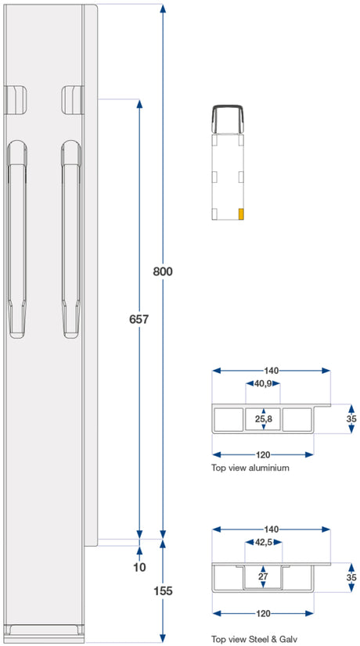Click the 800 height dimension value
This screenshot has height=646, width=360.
pyautogui.click(x=163, y=272)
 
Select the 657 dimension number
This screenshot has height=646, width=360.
pyautogui.click(x=139, y=319)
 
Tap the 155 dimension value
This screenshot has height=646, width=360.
pyautogui.click(x=163, y=591)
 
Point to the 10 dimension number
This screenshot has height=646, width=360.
pyautogui.click(x=140, y=567)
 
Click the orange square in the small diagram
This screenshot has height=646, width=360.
pyautogui.click(x=241, y=214)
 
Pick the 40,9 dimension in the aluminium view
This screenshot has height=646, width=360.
pyautogui.click(x=263, y=384)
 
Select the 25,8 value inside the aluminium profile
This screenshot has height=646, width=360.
pyautogui.click(x=263, y=419)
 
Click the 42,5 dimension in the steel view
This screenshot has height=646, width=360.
pyautogui.click(x=264, y=542)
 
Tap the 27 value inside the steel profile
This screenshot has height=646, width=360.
pyautogui.click(x=263, y=577)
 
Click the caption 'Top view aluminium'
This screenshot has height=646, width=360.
pyautogui.click(x=250, y=468)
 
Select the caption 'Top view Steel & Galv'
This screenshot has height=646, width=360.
pyautogui.click(x=254, y=640)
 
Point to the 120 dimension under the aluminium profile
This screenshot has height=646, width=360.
pyautogui.click(x=263, y=455)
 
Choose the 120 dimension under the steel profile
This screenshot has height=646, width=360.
pyautogui.click(x=263, y=613)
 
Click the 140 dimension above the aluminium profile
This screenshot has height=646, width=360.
pyautogui.click(x=271, y=371)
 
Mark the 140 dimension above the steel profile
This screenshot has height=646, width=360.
pyautogui.click(x=271, y=529)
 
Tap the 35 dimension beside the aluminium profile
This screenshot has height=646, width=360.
pyautogui.click(x=351, y=419)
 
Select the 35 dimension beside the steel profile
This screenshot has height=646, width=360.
pyautogui.click(x=351, y=578)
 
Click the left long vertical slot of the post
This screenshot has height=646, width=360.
pyautogui.click(x=17, y=239)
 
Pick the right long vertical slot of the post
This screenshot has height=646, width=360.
pyautogui.click(x=71, y=239)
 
